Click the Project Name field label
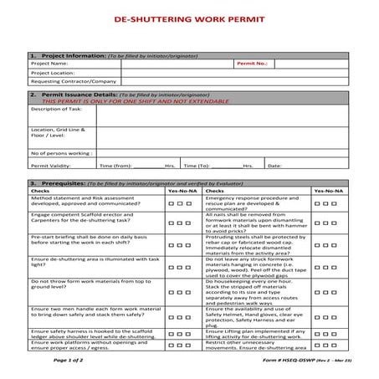click(x=49, y=63)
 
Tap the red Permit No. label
click(x=251, y=63)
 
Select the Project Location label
click(x=53, y=72)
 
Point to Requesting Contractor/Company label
click(x=74, y=81)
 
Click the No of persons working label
click(x=61, y=153)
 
